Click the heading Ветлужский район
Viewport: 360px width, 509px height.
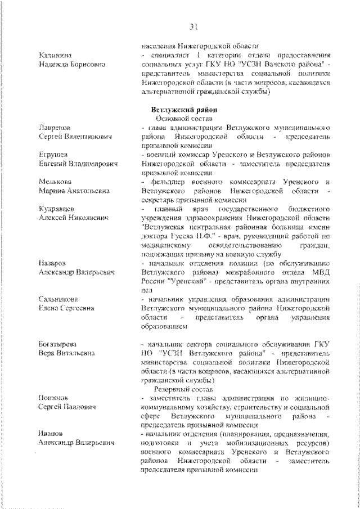click(x=179, y=110)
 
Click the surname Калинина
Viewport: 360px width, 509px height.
click(x=55, y=55)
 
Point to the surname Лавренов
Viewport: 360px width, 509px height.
click(x=55, y=128)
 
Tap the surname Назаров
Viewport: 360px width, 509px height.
click(x=53, y=263)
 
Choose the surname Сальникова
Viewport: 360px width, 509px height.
click(x=58, y=299)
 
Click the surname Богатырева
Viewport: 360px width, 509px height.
click(x=58, y=344)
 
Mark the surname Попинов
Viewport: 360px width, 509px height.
click(x=53, y=398)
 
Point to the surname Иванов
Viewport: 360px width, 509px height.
click(x=52, y=434)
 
